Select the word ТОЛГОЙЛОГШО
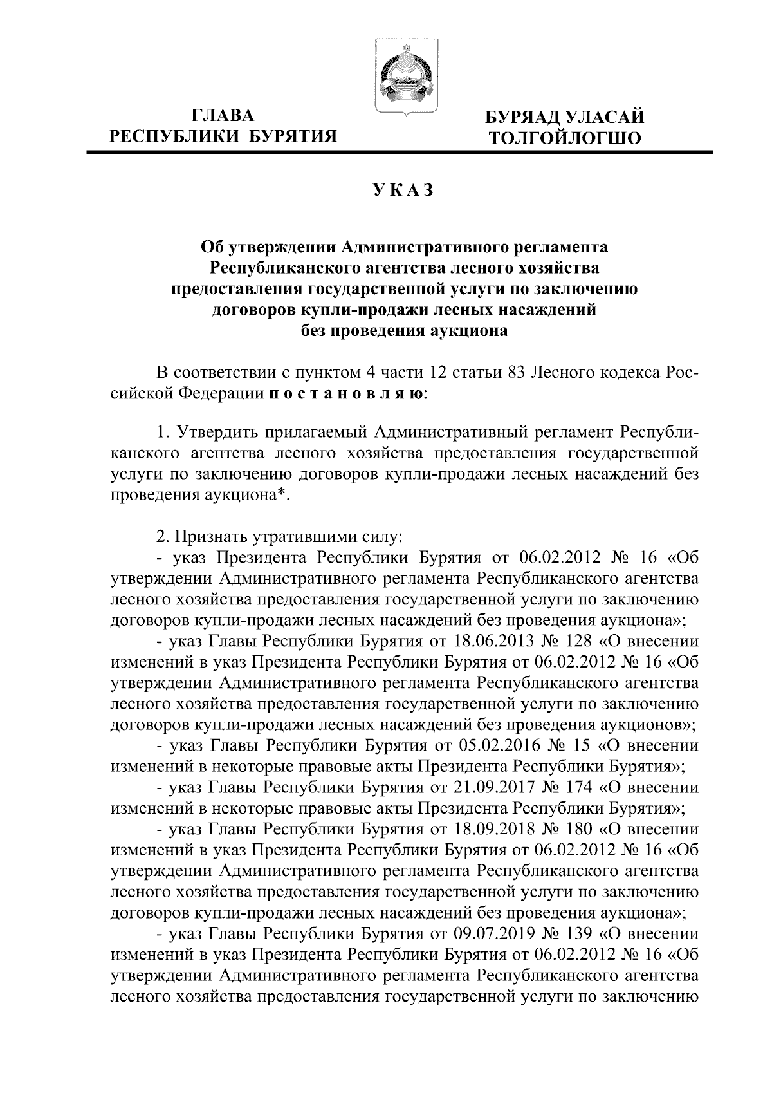click(x=565, y=138)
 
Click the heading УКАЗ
click(x=404, y=190)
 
